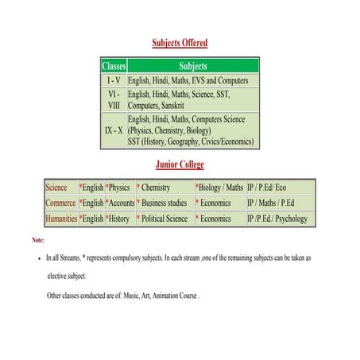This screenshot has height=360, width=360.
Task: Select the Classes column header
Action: click(x=114, y=66)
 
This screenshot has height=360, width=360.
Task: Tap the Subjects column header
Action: click(x=193, y=66)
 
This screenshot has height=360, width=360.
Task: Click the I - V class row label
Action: click(x=114, y=81)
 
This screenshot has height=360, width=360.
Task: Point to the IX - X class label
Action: click(x=114, y=130)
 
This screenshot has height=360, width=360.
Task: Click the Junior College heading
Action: click(x=180, y=165)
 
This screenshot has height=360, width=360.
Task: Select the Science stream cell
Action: click(x=57, y=188)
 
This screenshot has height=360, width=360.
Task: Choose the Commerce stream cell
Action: click(x=60, y=203)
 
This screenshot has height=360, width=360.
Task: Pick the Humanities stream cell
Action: click(x=61, y=219)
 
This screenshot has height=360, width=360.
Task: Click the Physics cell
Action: click(x=119, y=188)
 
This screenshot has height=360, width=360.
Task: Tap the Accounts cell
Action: click(x=122, y=203)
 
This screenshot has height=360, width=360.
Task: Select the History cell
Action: click(x=119, y=219)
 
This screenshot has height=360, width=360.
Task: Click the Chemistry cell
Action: click(x=157, y=188)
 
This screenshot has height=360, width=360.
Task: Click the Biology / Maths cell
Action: click(x=221, y=188)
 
